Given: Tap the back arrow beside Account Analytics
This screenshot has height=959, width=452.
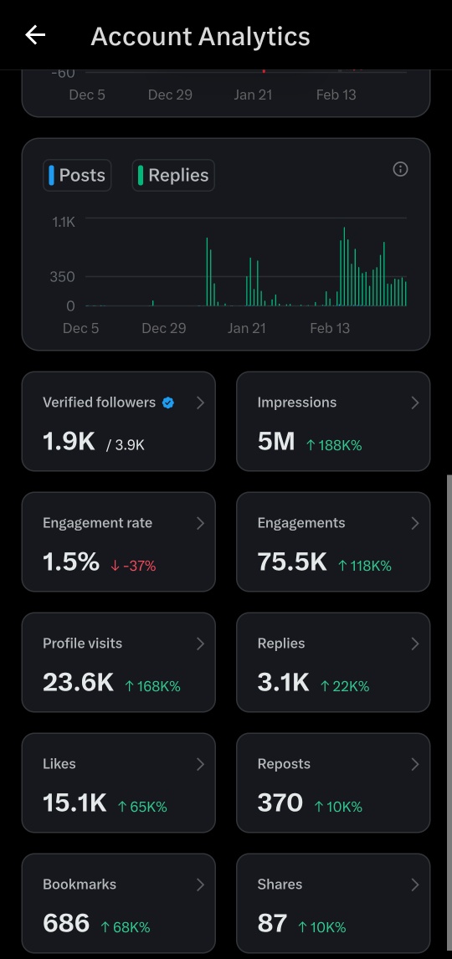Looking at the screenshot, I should [x=35, y=35].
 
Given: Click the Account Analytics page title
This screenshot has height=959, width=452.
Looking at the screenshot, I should [x=200, y=37].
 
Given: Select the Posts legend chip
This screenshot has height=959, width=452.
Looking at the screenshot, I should [x=77, y=175].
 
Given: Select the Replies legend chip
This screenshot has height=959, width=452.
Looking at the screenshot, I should [x=173, y=175].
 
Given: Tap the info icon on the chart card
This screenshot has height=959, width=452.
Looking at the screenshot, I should [x=400, y=169].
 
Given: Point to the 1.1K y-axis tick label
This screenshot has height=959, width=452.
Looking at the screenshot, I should [x=64, y=222].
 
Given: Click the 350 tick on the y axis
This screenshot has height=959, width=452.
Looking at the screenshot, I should [x=62, y=276].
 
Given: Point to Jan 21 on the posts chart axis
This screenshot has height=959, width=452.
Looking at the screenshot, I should [x=246, y=328].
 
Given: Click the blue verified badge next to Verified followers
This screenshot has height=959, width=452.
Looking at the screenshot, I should [x=168, y=403].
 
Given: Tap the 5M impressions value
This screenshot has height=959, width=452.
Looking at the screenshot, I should [x=276, y=441].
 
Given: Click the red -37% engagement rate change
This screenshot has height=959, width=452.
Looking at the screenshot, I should [x=133, y=566].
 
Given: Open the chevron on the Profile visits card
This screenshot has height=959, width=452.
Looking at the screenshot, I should [x=200, y=643].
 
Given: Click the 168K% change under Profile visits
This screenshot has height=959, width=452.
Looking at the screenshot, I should [x=152, y=686].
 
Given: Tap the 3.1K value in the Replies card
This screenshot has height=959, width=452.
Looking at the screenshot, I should [x=284, y=682].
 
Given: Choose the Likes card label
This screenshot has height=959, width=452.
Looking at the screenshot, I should [x=59, y=763].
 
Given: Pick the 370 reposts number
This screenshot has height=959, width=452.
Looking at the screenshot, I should [x=280, y=803].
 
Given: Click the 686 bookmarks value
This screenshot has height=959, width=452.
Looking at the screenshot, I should [x=66, y=923].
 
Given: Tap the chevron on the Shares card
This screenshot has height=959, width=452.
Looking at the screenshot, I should [x=415, y=884].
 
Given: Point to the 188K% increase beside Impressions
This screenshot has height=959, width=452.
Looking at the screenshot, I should [x=334, y=445].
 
